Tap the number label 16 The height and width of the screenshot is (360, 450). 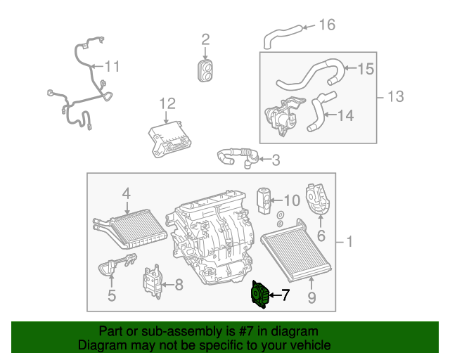point(327,25)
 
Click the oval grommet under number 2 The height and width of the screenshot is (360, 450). point(205,70)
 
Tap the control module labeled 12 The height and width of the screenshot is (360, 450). point(169,135)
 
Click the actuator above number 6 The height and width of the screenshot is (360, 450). point(320,199)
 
